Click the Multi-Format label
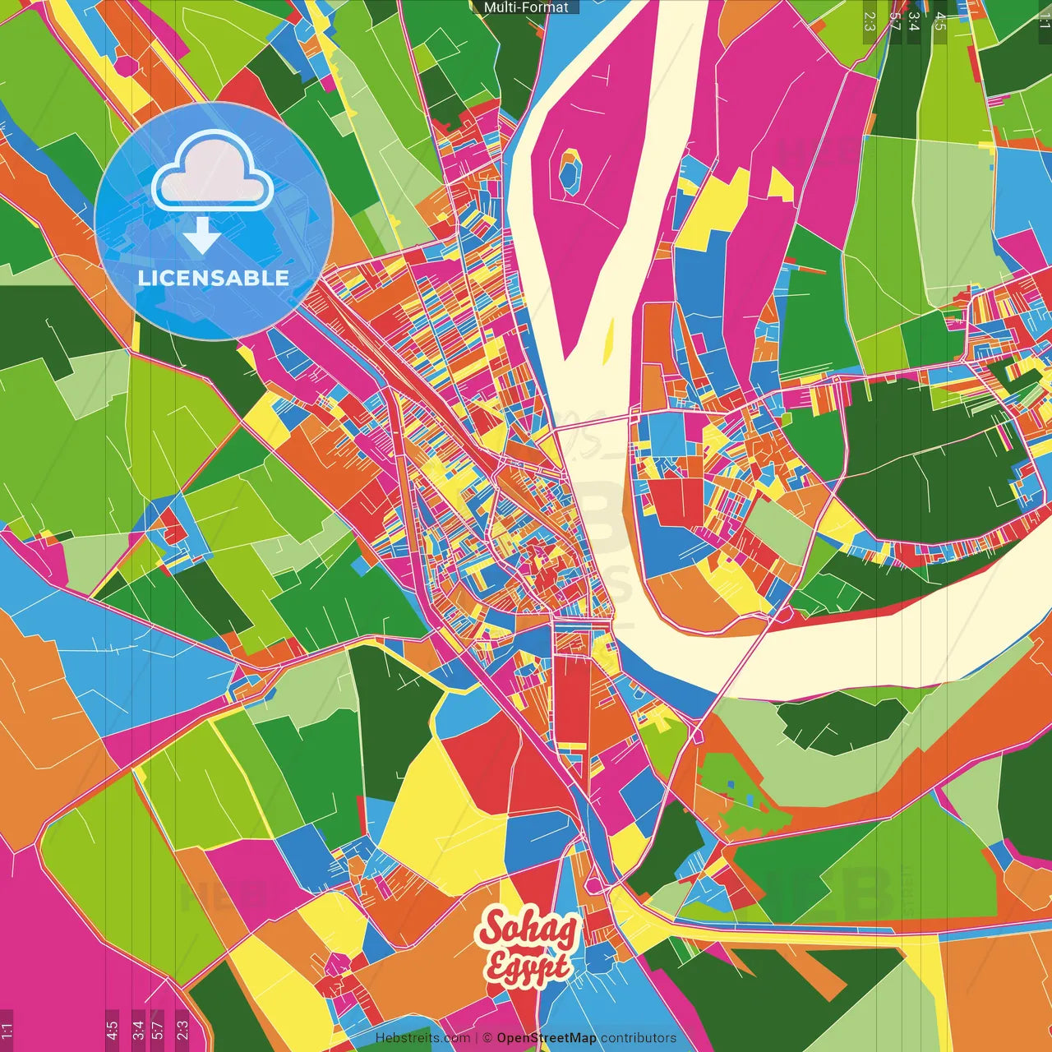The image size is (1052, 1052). click(x=526, y=7)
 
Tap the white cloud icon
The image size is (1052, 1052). click(x=213, y=173)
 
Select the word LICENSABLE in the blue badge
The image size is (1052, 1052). click(x=214, y=278)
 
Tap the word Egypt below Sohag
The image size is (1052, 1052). click(x=527, y=967)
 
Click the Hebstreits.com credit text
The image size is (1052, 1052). click(x=422, y=1038)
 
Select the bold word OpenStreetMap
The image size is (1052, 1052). click(x=546, y=1038)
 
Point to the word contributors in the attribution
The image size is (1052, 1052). click(x=639, y=1038)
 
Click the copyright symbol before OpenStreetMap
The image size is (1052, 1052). click(x=487, y=1038)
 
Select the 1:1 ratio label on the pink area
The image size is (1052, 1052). click(x=7, y=1029)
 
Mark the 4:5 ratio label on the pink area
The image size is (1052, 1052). click(x=112, y=1029)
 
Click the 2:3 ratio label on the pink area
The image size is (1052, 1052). click(x=182, y=1029)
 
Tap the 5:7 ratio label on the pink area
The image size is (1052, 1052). click(x=158, y=1029)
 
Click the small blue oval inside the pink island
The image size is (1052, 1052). click(x=569, y=172)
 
